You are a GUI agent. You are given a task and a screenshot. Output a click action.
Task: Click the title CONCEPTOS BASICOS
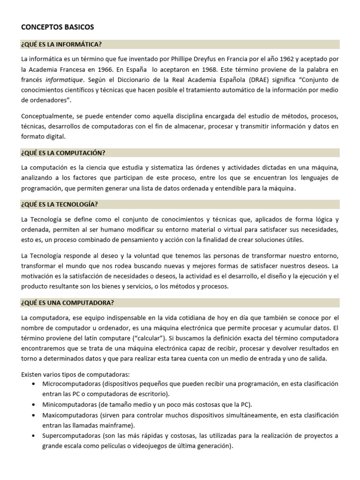(x=58, y=27)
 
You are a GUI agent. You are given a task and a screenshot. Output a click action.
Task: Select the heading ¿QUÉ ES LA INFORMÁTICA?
(x=61, y=45)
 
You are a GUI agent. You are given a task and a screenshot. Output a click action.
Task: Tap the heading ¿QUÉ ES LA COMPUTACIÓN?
(x=63, y=153)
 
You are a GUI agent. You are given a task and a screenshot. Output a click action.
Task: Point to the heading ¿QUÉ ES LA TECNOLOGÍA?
(x=60, y=204)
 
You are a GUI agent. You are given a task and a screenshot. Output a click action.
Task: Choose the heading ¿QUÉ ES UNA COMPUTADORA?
(x=67, y=303)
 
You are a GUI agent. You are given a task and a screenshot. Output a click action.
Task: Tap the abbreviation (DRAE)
(x=268, y=80)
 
